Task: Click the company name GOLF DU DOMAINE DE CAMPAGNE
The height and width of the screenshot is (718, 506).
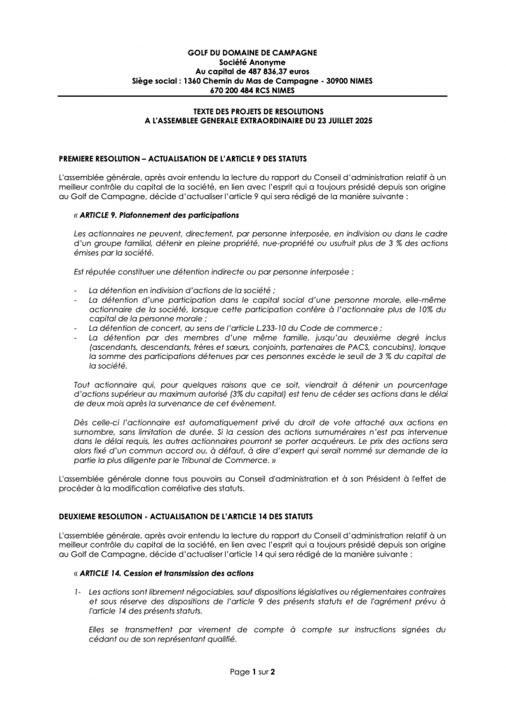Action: point(252,53)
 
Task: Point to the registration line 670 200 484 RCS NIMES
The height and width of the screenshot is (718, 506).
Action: point(252,90)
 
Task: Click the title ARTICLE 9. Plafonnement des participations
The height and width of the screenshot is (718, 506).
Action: point(160,215)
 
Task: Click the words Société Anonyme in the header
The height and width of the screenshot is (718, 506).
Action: point(252,62)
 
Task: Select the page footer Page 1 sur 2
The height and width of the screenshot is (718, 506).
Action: point(252,672)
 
